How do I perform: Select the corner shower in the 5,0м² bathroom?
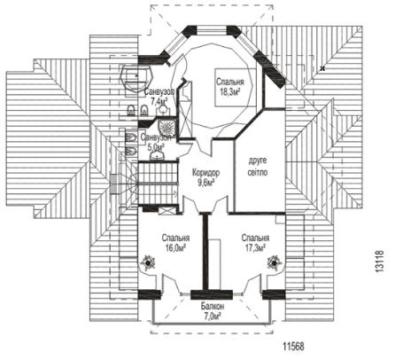click(167, 128)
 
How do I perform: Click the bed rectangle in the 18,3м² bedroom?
click(235, 87)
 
